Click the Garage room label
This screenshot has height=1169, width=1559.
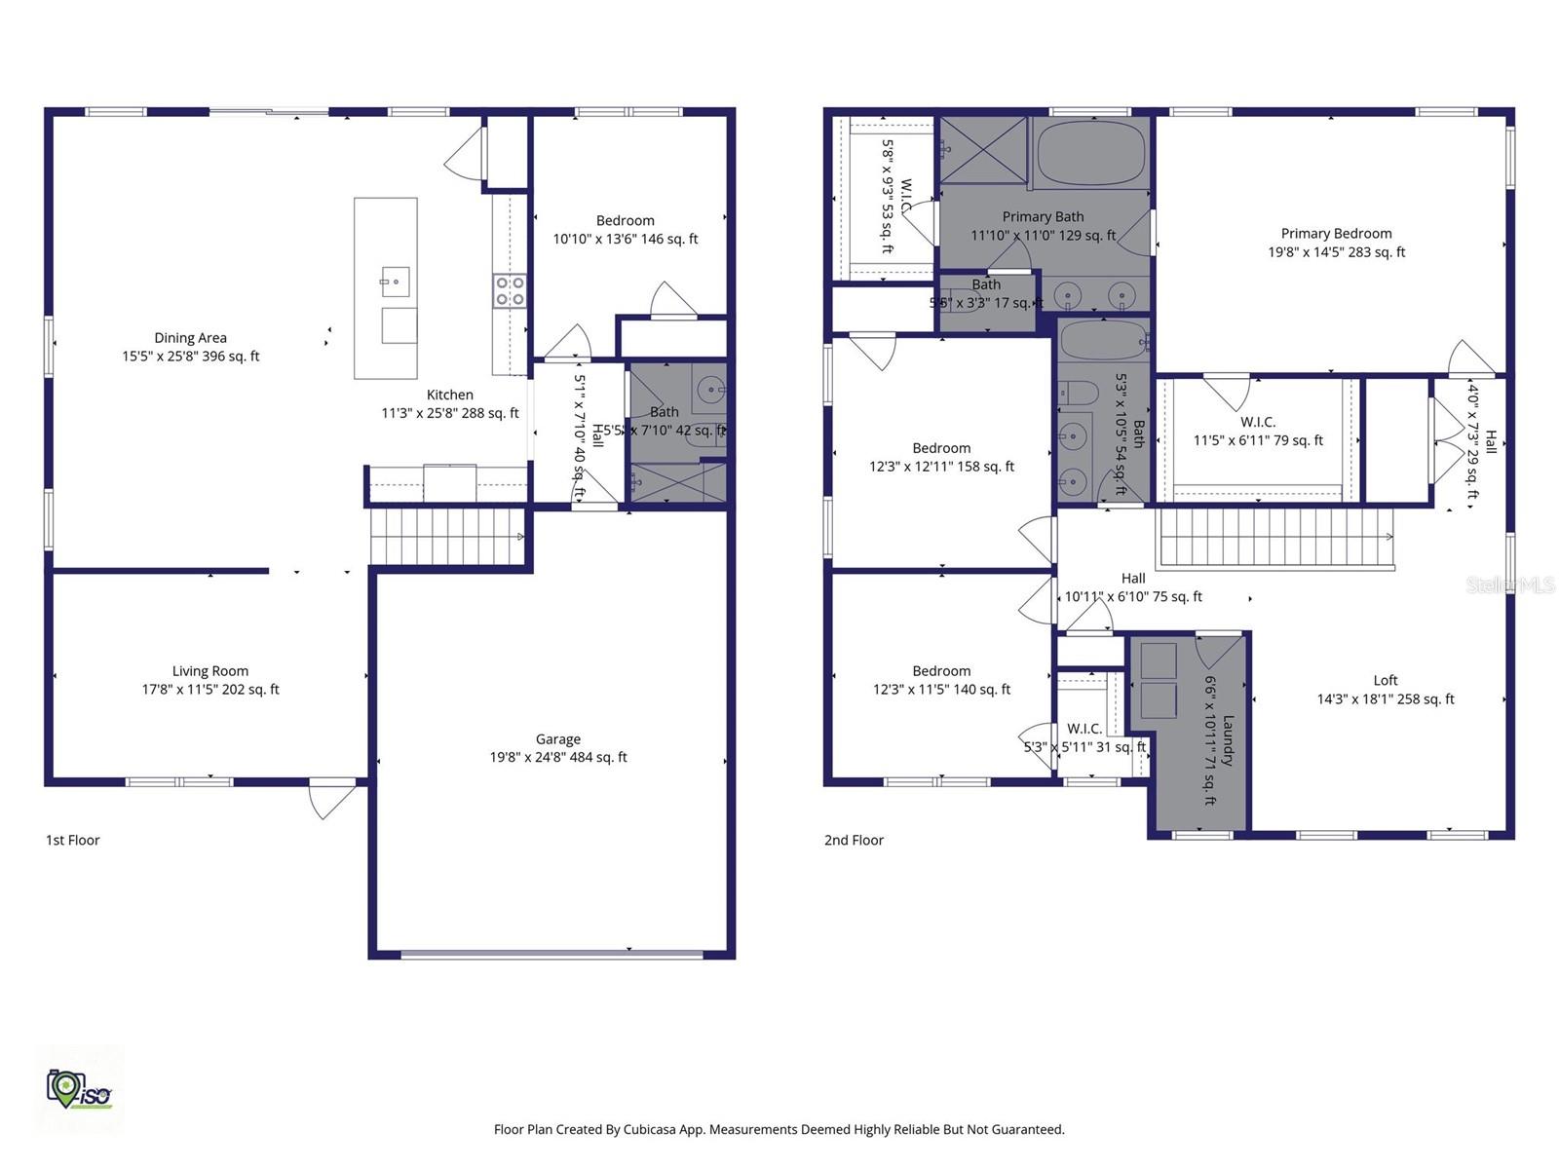[x=557, y=739]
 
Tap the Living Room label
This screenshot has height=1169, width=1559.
[x=209, y=671]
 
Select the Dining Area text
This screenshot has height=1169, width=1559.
[x=190, y=338]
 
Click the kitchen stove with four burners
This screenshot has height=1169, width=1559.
[x=509, y=290]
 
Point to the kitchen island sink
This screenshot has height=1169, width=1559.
[x=395, y=282]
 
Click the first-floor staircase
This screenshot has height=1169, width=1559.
[x=447, y=536]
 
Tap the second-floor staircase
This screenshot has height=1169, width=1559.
[x=1274, y=539]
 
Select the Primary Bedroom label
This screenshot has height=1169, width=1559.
[x=1335, y=234]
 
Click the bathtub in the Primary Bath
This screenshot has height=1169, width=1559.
[x=1090, y=153]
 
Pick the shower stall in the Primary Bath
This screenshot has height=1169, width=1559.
[x=982, y=150]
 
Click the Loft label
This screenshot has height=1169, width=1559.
[x=1385, y=681]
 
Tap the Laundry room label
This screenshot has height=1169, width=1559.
[x=1227, y=740]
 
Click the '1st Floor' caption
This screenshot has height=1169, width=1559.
[x=73, y=840]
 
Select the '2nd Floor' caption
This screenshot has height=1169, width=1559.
[x=854, y=840]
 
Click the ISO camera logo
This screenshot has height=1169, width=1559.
[x=78, y=1089]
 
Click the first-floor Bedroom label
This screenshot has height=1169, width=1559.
[x=625, y=221]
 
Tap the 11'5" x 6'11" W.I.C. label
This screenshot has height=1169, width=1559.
[x=1258, y=423]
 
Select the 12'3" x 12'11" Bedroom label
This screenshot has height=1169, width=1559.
[x=941, y=449]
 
